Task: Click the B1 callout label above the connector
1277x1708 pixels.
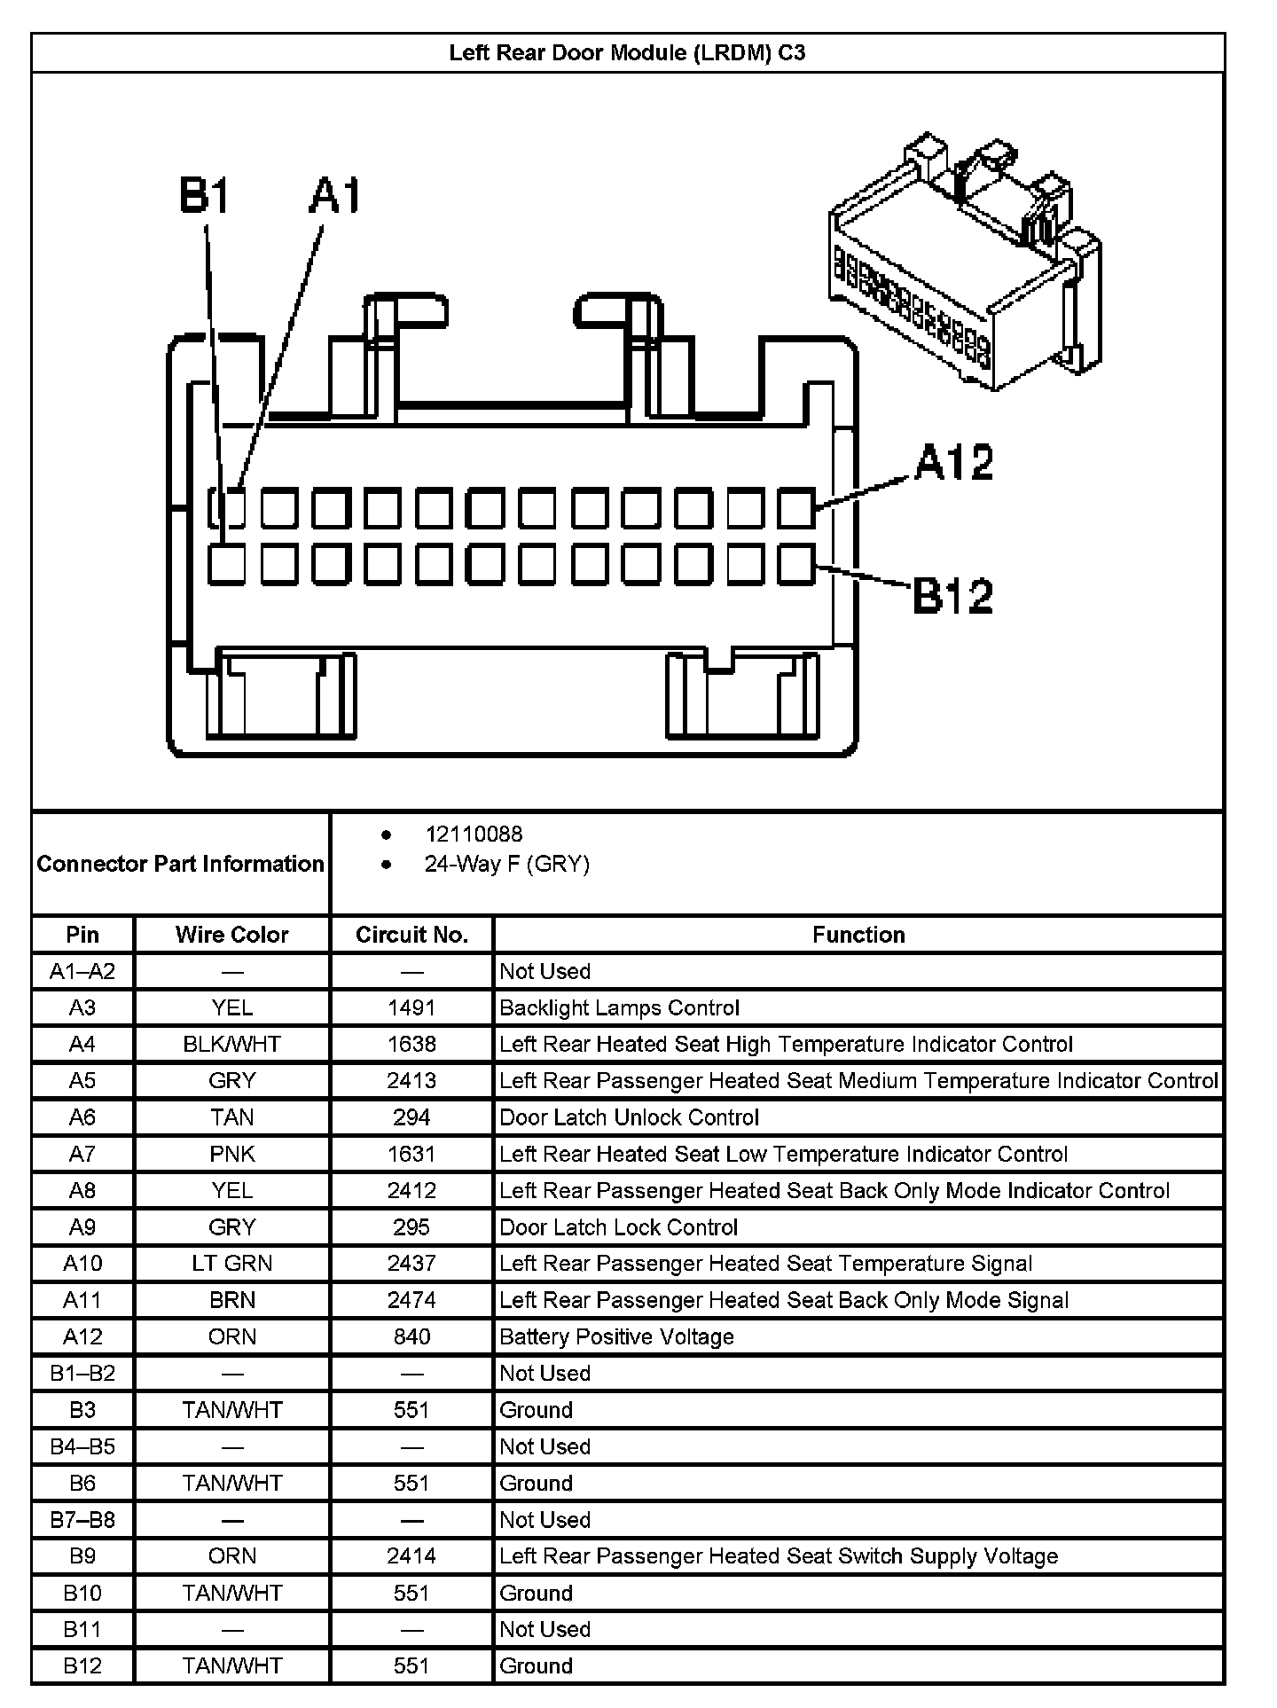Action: tap(205, 196)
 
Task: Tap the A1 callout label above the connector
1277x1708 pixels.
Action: tap(335, 196)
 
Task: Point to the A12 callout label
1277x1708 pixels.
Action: tap(954, 462)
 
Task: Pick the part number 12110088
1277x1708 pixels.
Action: tap(474, 834)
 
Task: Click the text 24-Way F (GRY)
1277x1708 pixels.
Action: tap(506, 865)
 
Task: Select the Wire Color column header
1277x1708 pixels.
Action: tap(231, 935)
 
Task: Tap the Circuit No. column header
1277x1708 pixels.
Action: tap(411, 935)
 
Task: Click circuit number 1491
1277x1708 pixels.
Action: tap(411, 1007)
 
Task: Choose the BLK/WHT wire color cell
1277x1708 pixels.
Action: tap(231, 1045)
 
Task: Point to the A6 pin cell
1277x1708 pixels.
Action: tap(82, 1117)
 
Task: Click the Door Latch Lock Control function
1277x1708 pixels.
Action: tap(618, 1227)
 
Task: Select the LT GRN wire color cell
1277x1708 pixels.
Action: tap(231, 1264)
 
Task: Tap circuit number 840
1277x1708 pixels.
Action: tap(411, 1336)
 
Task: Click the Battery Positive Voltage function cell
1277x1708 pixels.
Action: tap(616, 1336)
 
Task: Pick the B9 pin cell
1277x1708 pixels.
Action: tap(82, 1555)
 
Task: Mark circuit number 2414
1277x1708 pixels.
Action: tap(411, 1555)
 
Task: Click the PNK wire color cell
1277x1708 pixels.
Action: tap(231, 1154)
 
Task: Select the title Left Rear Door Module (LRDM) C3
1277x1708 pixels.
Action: tap(627, 53)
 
